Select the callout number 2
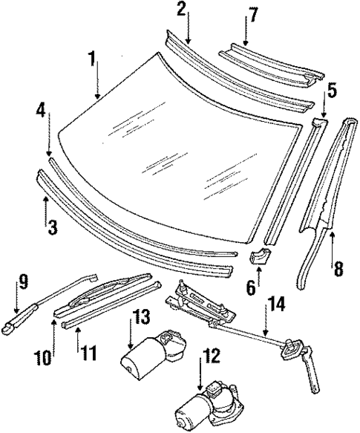[182, 10]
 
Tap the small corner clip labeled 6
[261, 258]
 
